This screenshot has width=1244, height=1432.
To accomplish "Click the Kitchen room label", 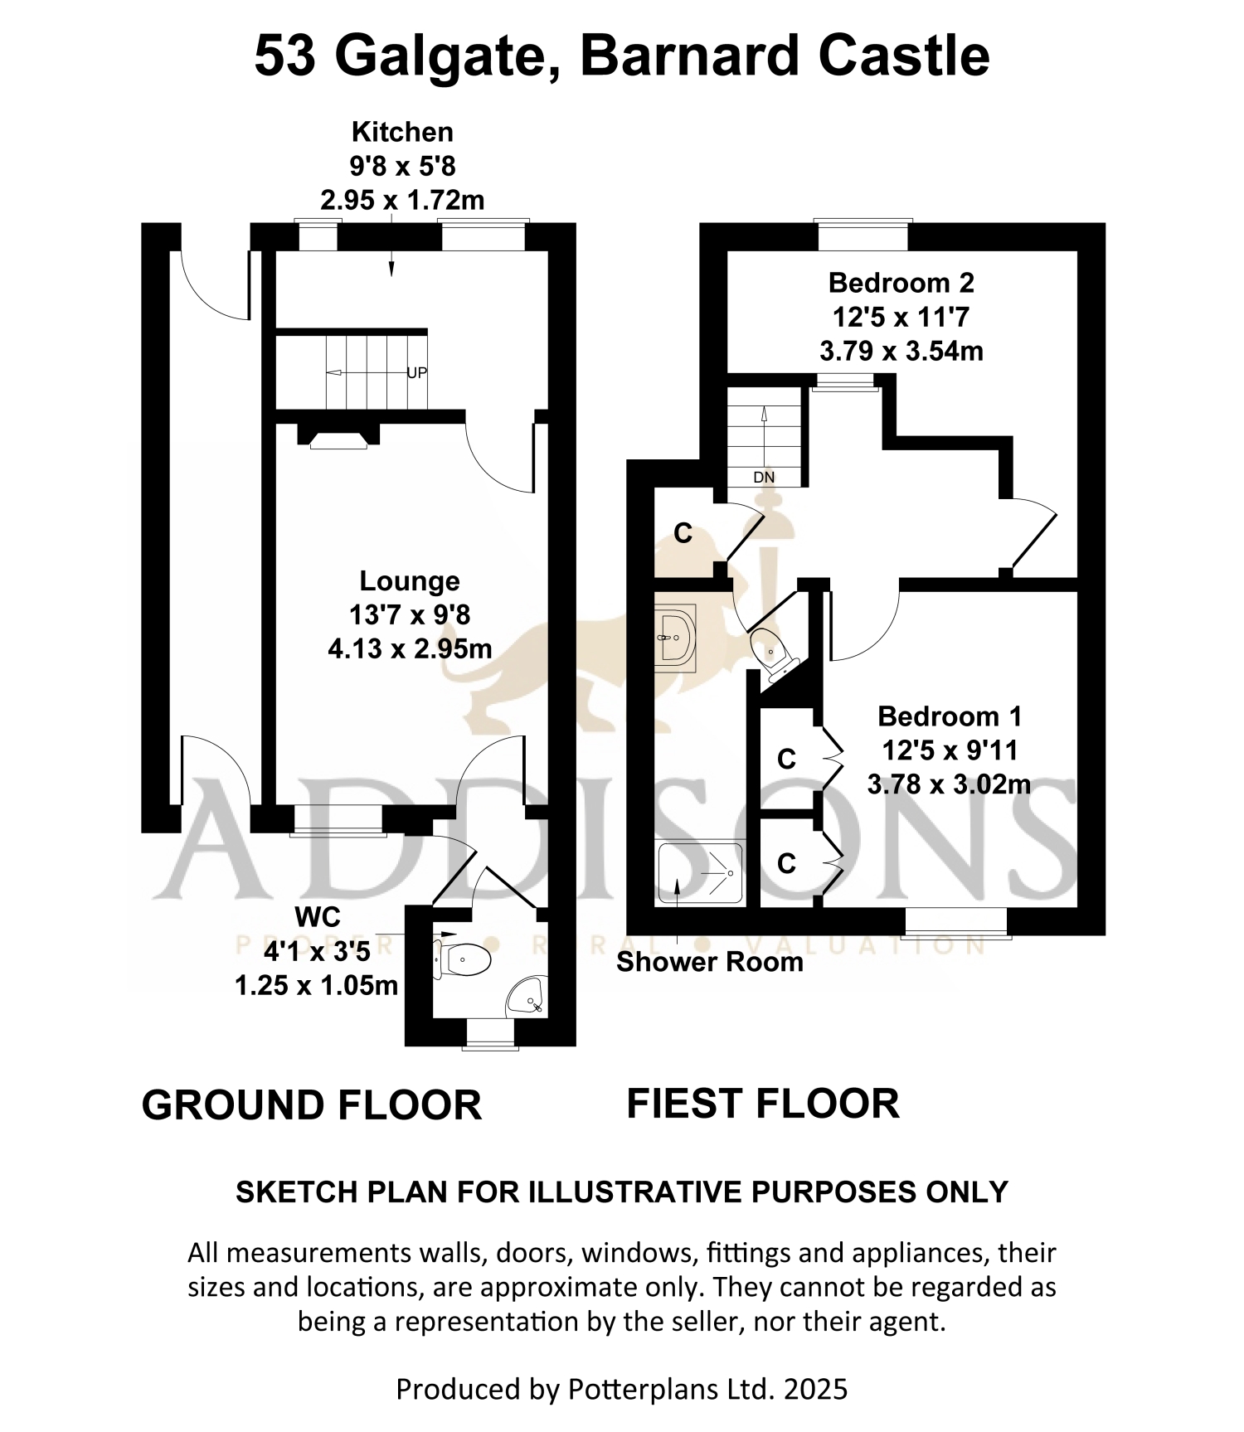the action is (402, 132).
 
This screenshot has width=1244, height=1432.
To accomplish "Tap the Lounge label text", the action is (410, 581).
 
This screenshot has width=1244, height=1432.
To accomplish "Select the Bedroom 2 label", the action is (901, 283).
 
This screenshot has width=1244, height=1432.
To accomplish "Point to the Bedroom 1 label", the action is (950, 716).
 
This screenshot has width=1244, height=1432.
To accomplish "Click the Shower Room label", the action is (710, 962).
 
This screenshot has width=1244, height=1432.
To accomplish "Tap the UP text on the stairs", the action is (417, 372).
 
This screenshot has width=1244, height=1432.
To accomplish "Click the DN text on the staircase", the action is (764, 478).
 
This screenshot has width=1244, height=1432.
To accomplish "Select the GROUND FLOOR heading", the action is (312, 1105).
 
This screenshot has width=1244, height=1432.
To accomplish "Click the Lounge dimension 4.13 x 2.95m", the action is (410, 648).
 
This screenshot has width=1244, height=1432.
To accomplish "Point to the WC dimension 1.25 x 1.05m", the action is (317, 986).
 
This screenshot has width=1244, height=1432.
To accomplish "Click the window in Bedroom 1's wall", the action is (957, 923).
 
